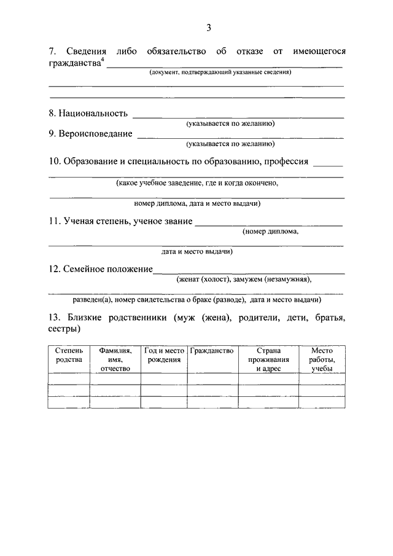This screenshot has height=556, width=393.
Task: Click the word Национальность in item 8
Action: click(93, 113)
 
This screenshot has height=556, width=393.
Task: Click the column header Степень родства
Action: click(69, 355)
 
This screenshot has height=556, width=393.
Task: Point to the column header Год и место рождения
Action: click(164, 355)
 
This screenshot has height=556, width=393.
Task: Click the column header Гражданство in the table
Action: click(212, 351)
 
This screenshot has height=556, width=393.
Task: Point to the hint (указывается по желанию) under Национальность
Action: click(231, 123)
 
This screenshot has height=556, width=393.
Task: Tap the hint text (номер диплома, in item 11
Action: click(270, 232)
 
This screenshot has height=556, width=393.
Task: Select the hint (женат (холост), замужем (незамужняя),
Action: click(244, 280)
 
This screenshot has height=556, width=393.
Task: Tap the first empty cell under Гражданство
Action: click(212, 379)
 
